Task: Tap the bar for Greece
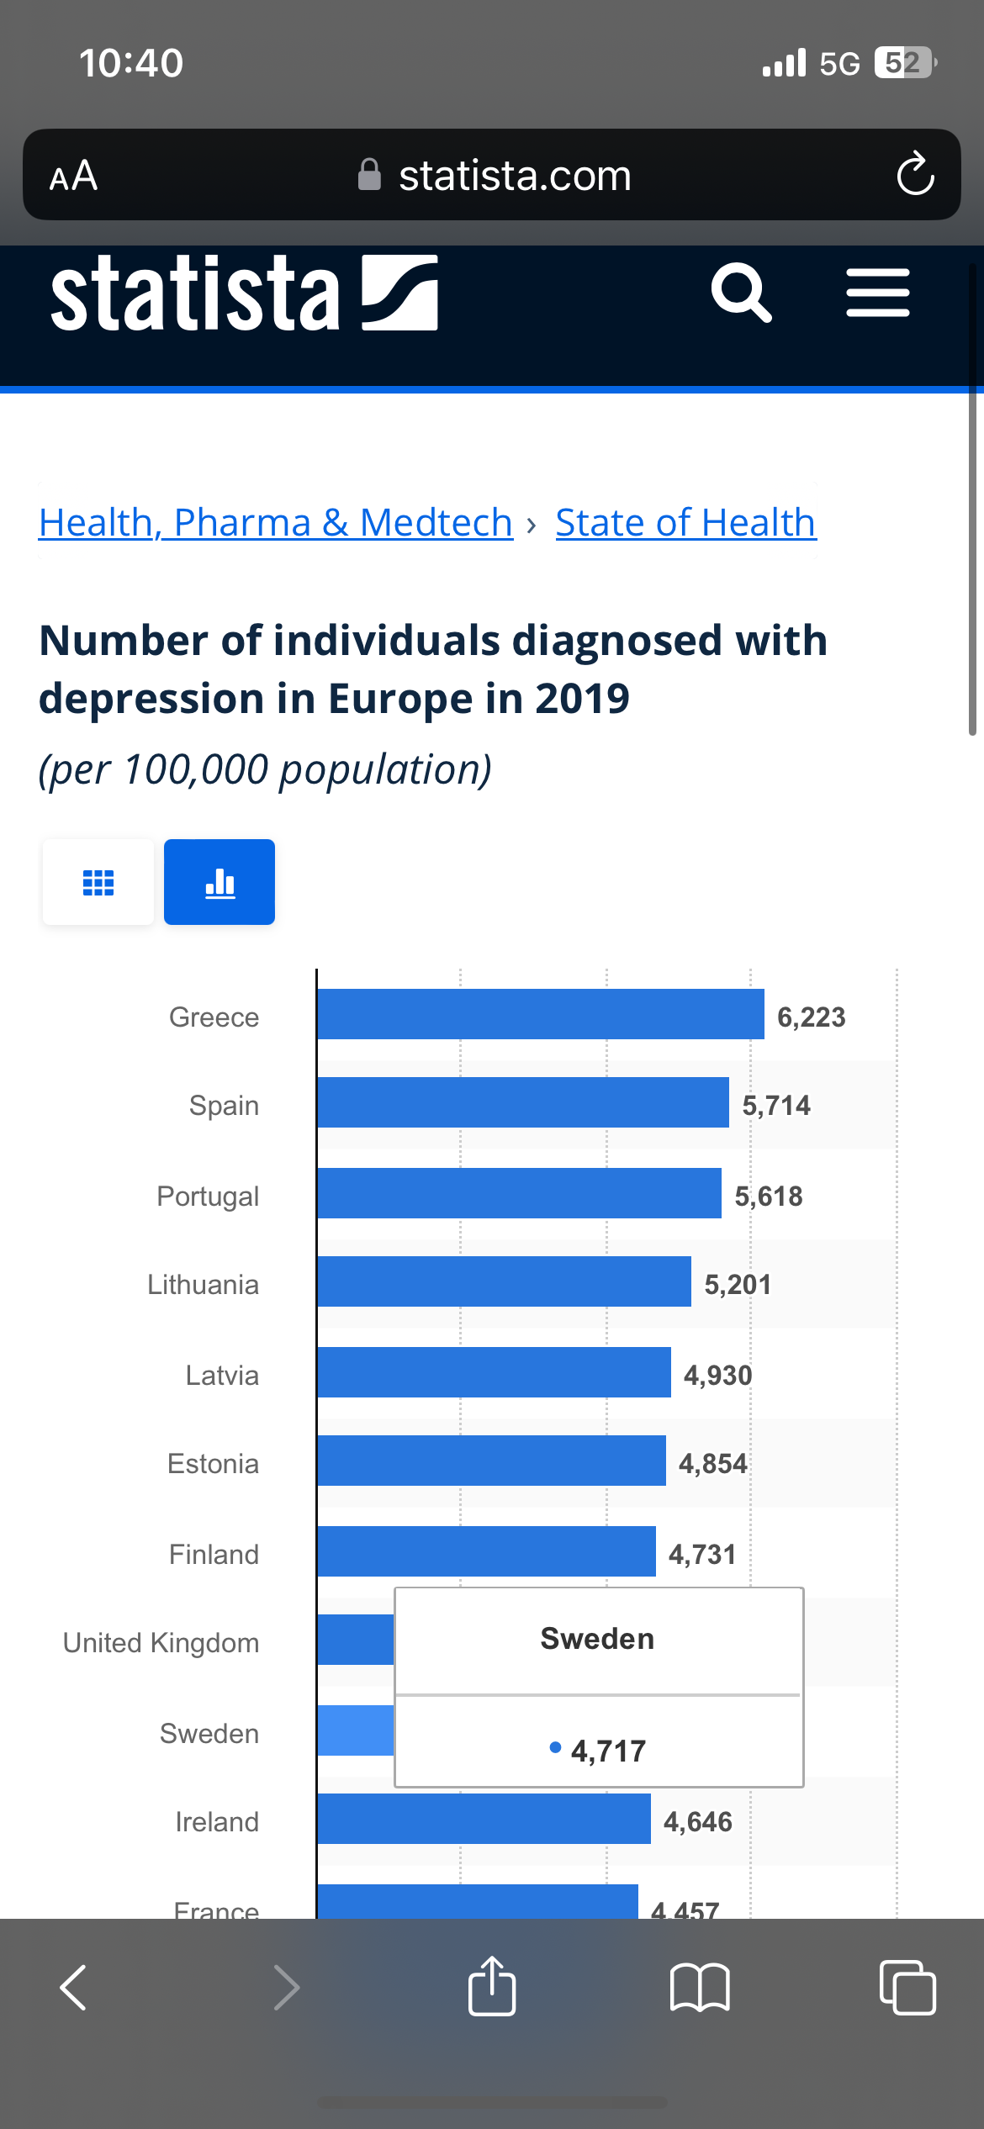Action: point(540,1014)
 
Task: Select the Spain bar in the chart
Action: point(522,1102)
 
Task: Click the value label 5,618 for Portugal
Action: point(769,1196)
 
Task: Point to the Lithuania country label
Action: point(203,1285)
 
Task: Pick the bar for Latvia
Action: point(494,1372)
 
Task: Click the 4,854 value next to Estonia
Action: point(712,1464)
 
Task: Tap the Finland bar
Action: point(486,1551)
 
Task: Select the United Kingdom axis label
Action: point(161,1643)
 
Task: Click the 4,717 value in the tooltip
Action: point(607,1751)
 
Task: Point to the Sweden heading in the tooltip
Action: point(597,1639)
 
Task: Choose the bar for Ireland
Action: point(484,1819)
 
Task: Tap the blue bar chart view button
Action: point(220,882)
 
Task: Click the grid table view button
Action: point(98,882)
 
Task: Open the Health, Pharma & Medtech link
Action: point(276,523)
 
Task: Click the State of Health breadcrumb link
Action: point(685,523)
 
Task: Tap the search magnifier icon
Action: point(740,293)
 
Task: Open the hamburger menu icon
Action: point(877,293)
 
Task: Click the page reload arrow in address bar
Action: point(915,175)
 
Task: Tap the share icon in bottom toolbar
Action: point(492,1986)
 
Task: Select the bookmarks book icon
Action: point(700,1988)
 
